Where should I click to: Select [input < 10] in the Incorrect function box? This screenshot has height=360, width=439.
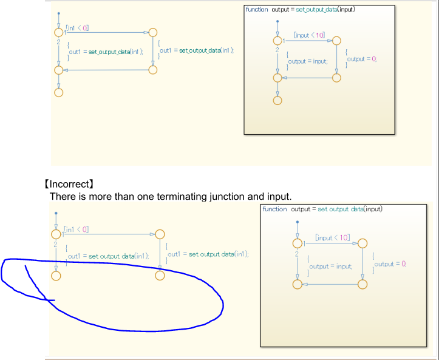[x=332, y=237]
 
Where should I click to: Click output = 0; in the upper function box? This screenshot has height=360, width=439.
[x=362, y=59]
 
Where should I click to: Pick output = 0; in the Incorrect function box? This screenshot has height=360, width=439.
[x=390, y=263]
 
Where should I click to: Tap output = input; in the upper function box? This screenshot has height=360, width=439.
[x=307, y=61]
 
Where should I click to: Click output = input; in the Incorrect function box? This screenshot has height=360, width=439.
[x=330, y=266]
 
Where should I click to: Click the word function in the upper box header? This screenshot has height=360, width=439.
[x=256, y=10]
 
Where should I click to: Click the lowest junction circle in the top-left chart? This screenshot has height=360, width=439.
[x=58, y=92]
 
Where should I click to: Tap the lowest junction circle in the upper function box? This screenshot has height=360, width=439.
[x=277, y=100]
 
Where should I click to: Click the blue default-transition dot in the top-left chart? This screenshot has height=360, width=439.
[x=58, y=13]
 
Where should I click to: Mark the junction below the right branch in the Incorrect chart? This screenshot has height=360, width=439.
[x=160, y=276]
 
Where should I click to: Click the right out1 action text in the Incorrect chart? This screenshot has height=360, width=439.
[x=208, y=254]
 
